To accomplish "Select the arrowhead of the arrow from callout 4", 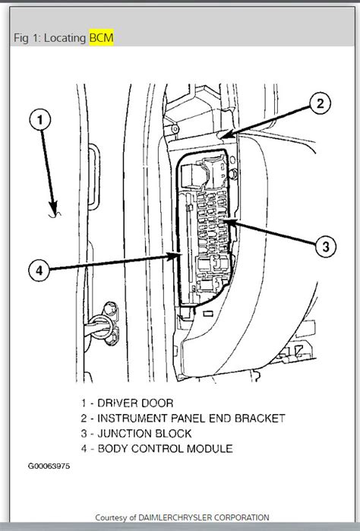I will pos(182,256).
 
